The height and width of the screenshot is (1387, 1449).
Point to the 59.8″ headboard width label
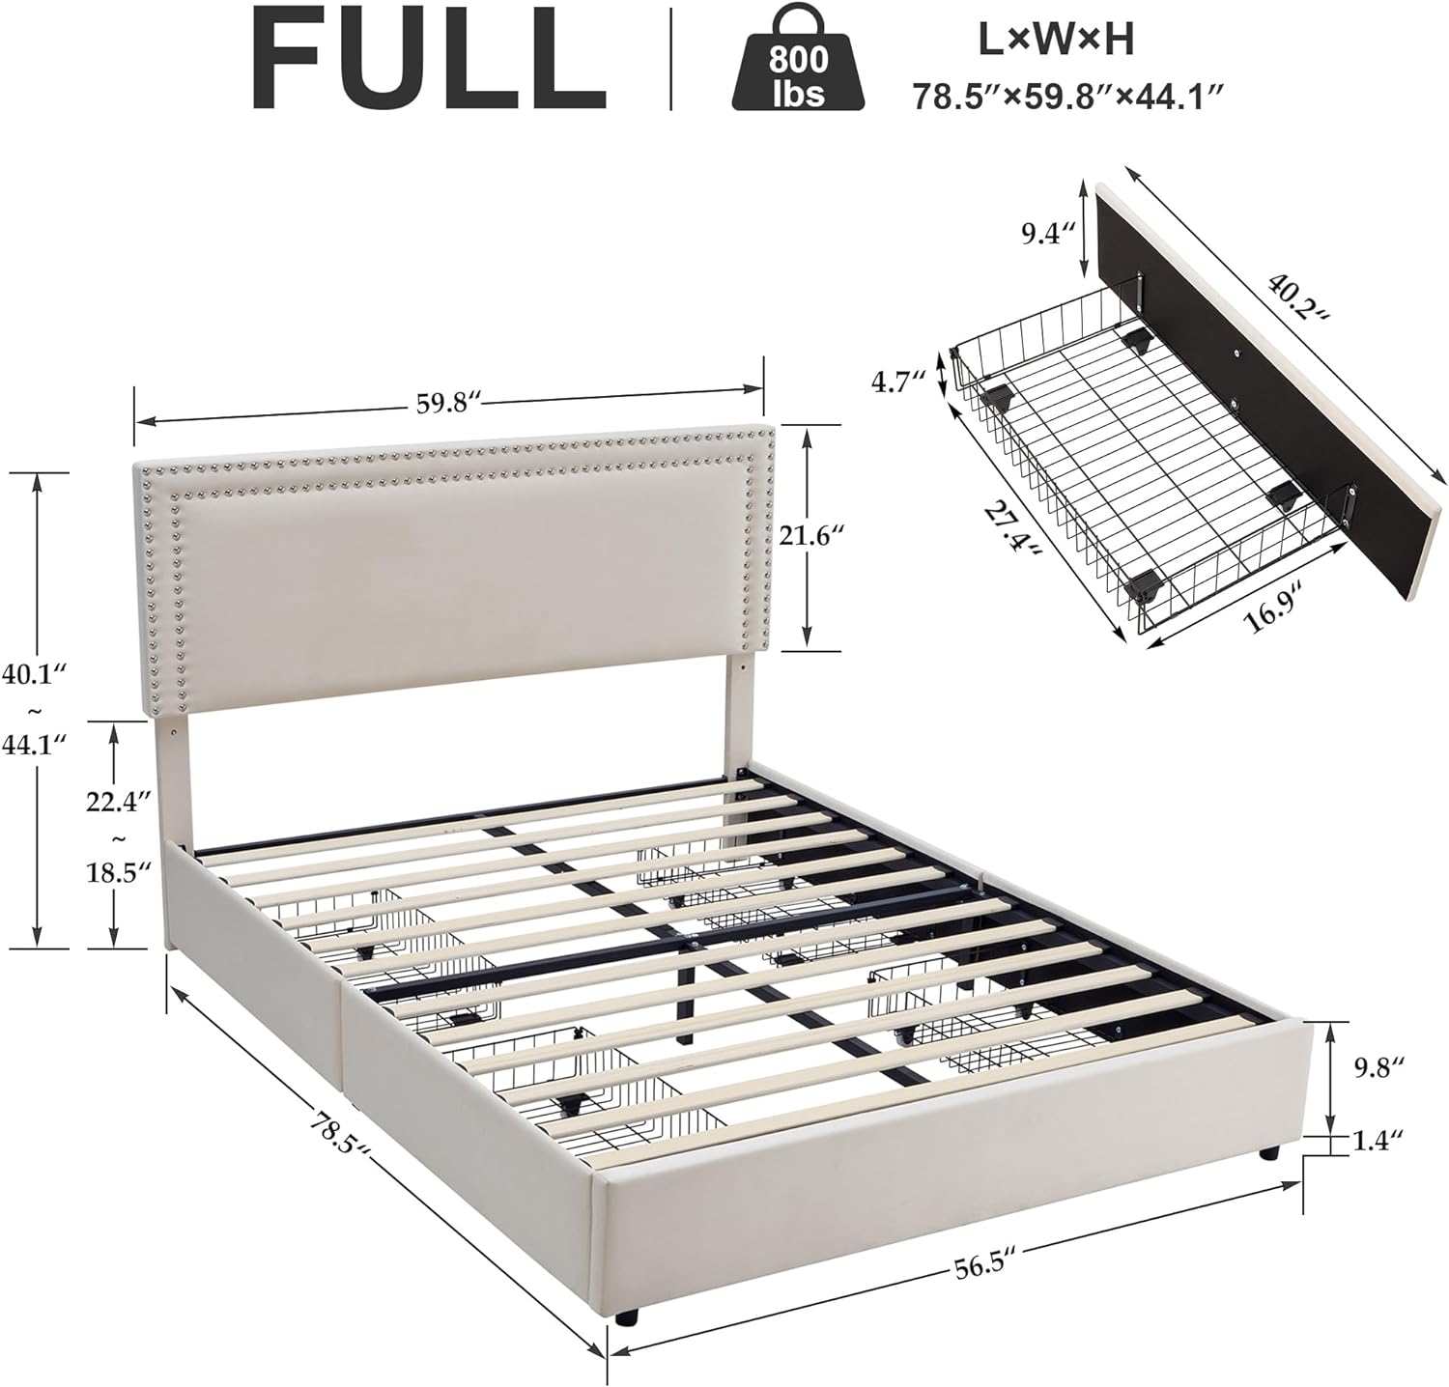pyautogui.click(x=448, y=403)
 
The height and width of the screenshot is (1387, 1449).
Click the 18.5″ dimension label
pyautogui.click(x=117, y=872)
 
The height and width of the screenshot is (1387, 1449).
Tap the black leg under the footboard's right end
pyautogui.click(x=1268, y=1152)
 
